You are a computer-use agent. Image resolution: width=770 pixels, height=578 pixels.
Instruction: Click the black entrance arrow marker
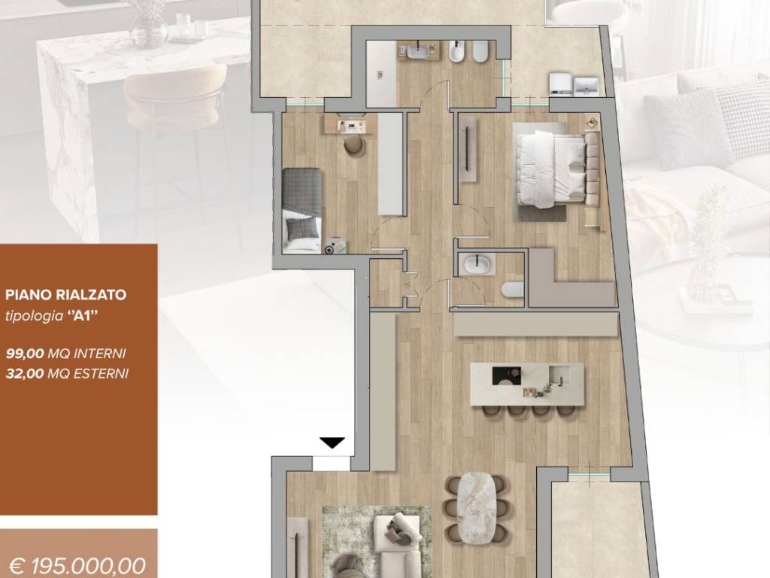[332, 443]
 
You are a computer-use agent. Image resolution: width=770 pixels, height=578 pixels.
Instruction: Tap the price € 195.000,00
[77, 566]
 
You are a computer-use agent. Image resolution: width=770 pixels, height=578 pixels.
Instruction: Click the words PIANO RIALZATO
[66, 295]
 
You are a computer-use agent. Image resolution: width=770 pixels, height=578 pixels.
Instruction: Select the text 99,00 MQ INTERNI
[66, 354]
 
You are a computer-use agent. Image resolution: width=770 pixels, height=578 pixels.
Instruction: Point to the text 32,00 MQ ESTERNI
[67, 373]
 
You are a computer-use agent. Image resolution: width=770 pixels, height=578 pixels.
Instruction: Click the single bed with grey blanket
[302, 211]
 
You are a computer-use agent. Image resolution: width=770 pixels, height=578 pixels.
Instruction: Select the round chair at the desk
[354, 145]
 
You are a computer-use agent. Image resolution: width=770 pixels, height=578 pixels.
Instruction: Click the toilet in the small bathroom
[512, 291]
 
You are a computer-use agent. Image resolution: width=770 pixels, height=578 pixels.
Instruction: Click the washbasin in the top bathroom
[420, 50]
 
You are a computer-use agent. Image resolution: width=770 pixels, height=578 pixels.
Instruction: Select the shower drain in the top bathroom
[380, 75]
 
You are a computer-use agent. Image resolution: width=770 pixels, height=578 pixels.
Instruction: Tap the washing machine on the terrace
[561, 84]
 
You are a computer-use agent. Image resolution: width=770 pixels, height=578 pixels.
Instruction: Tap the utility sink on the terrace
[587, 87]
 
